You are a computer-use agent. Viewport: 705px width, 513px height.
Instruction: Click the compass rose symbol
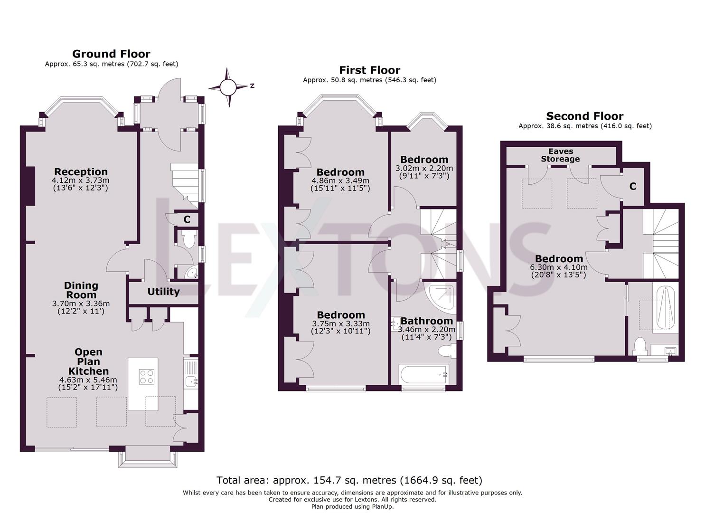coord(228,87)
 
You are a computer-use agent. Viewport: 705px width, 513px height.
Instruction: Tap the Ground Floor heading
coord(111,54)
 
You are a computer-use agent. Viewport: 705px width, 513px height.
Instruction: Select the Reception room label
coord(81,172)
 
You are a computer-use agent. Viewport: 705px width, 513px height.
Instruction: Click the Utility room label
coord(163,292)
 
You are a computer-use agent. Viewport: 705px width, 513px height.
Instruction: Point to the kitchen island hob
coord(147,376)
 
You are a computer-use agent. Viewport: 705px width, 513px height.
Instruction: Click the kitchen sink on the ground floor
coord(191,381)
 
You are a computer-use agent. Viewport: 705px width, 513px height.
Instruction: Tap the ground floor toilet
coord(188,239)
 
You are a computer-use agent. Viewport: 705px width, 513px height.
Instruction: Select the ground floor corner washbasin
coord(191,273)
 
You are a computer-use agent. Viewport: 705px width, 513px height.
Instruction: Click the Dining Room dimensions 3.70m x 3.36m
coord(81,304)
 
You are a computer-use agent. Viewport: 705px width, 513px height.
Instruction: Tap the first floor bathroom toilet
coord(447,351)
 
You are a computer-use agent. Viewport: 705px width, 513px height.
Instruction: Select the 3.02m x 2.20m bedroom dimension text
coord(424,168)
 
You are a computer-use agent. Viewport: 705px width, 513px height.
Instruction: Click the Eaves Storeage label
coord(560,155)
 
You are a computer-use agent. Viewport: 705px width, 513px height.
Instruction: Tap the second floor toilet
coord(640,346)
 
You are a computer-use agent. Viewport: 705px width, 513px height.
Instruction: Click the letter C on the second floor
coord(632,187)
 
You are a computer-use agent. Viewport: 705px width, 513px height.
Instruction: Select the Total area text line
coord(349,480)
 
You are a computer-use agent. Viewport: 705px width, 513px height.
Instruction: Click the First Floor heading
coord(369,70)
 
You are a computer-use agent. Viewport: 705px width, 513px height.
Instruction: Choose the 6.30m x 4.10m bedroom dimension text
coord(559,267)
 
